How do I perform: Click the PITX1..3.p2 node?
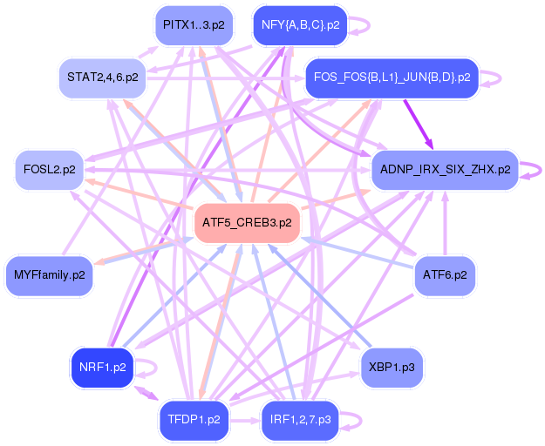194,25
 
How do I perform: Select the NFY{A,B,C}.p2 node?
300,25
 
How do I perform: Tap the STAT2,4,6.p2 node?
102,78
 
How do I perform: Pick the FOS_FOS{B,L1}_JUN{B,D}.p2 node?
391,78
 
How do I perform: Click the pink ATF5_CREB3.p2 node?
248,223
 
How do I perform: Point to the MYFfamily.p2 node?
50,275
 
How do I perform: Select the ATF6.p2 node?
445,275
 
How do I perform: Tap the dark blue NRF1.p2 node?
103,367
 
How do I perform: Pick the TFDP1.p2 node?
194,420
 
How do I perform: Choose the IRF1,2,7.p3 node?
300,420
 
